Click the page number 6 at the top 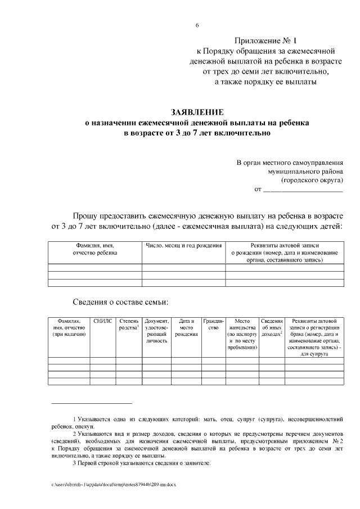pos(197,26)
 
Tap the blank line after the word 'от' pos(303,190)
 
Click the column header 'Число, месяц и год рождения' pos(183,246)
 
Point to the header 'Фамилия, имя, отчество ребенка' pos(94,249)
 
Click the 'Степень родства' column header pos(129,324)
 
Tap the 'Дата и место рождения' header pos(186,327)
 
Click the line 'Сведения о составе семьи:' pos(121,302)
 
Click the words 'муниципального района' pos(305,172)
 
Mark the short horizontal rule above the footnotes pos(91,403)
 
